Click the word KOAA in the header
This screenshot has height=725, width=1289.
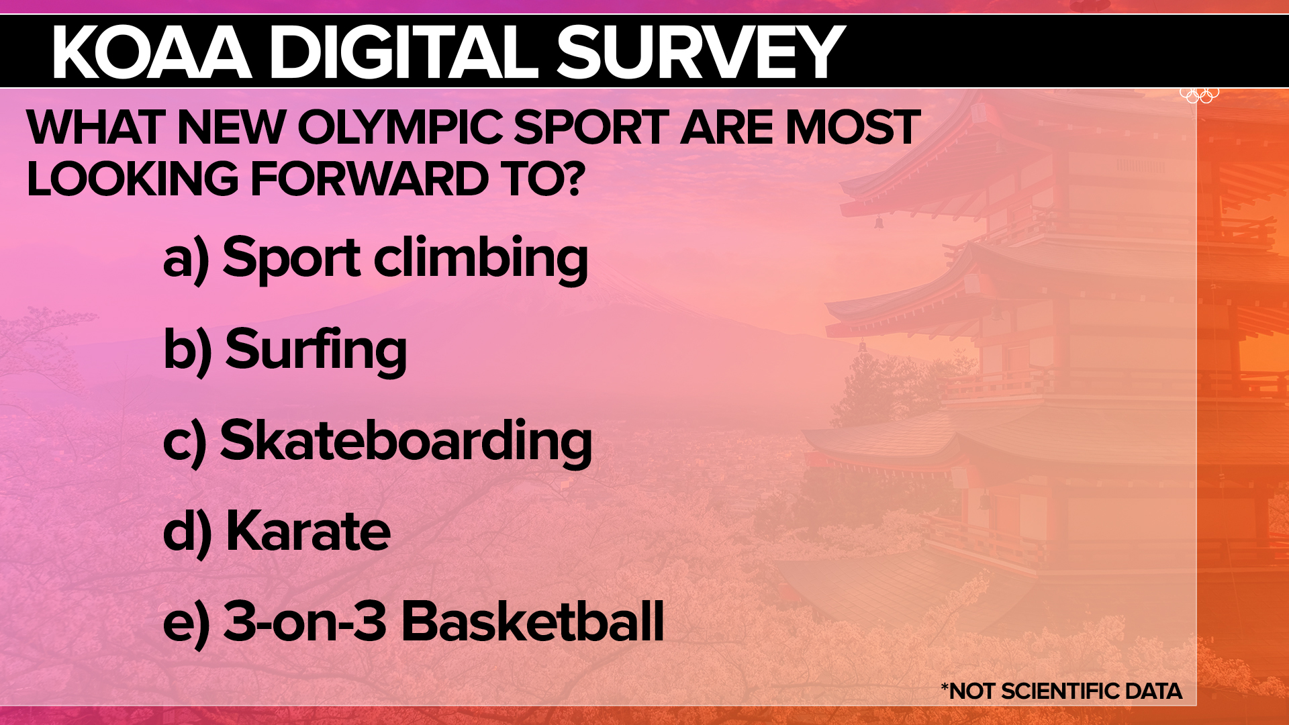click(x=152, y=52)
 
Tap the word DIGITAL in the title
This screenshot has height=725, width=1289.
click(x=405, y=52)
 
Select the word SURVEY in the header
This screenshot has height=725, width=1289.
click(x=700, y=52)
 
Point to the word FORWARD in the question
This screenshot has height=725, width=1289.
click(x=369, y=179)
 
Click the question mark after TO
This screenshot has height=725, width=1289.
click(x=573, y=179)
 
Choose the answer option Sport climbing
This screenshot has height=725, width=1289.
click(x=405, y=259)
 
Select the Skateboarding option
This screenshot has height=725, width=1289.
click(x=406, y=441)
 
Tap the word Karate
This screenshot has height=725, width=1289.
click(x=308, y=531)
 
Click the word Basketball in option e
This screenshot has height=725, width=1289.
click(x=532, y=622)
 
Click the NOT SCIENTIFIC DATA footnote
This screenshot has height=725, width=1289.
click(x=1061, y=691)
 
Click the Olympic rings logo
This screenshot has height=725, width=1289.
click(x=1200, y=95)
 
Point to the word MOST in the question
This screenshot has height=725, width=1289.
click(x=852, y=127)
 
